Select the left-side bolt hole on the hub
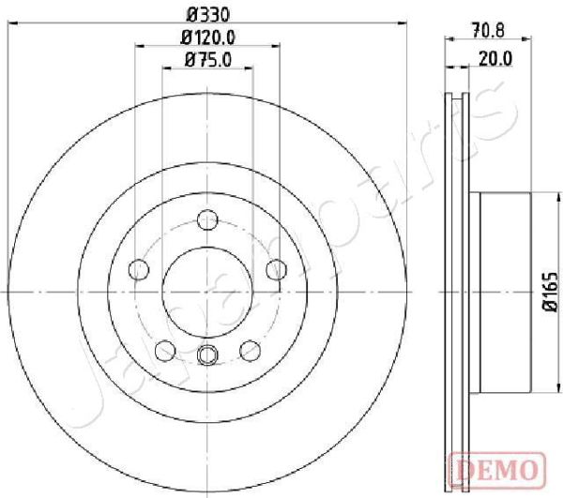tap(139, 270)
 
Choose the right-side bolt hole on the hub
tap(276, 270)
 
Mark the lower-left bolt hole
tap(165, 350)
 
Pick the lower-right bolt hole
tap(250, 350)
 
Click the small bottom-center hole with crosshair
tap(207, 355)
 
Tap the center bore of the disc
tap(207, 292)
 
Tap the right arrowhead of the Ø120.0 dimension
tap(279, 49)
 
